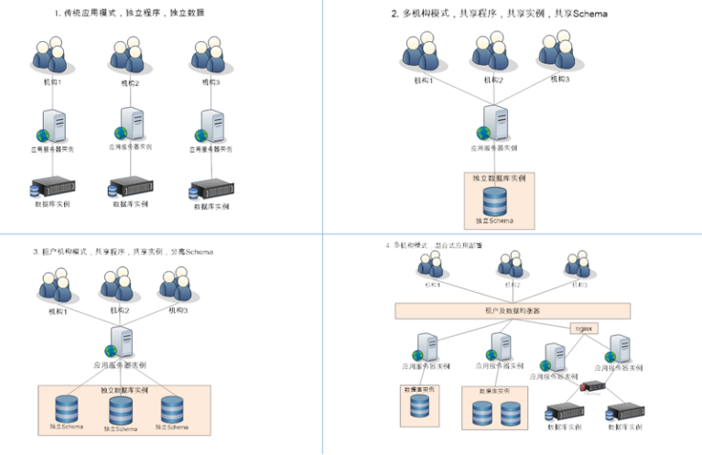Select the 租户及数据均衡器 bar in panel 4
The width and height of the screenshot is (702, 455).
point(512,310)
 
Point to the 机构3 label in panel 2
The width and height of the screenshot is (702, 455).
point(559,80)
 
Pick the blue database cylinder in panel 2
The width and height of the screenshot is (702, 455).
point(495,200)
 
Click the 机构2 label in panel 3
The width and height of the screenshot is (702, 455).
point(119,310)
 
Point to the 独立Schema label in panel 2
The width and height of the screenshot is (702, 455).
point(494,221)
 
